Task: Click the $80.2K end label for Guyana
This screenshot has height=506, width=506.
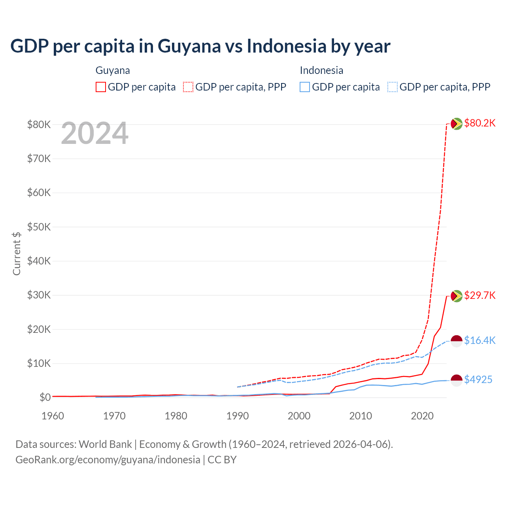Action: pyautogui.click(x=480, y=123)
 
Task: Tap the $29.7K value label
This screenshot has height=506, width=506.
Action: pyautogui.click(x=480, y=296)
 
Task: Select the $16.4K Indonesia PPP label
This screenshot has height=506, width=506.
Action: pyautogui.click(x=480, y=340)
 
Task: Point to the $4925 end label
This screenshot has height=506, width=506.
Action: pyautogui.click(x=478, y=380)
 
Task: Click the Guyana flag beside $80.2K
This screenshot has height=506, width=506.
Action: pyautogui.click(x=457, y=124)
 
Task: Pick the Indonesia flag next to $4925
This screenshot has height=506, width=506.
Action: pyautogui.click(x=457, y=380)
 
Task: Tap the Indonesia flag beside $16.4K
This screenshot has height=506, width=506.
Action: pyautogui.click(x=457, y=341)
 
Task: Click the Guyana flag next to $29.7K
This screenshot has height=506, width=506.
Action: pyautogui.click(x=457, y=296)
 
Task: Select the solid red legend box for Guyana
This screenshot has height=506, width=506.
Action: pyautogui.click(x=101, y=87)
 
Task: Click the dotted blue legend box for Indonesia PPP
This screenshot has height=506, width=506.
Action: pyautogui.click(x=393, y=87)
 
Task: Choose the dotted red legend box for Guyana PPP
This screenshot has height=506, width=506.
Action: pyautogui.click(x=188, y=87)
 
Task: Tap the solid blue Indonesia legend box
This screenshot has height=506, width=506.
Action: pyautogui.click(x=305, y=87)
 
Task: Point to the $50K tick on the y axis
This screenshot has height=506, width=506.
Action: pyautogui.click(x=39, y=227)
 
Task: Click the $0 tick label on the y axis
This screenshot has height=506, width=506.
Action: pyautogui.click(x=45, y=397)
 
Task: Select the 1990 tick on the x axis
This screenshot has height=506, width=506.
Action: pyautogui.click(x=238, y=416)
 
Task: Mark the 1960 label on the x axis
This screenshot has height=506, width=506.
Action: pyautogui.click(x=53, y=416)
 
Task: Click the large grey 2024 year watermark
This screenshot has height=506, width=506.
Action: pyautogui.click(x=94, y=134)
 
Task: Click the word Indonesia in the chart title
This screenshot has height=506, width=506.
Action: pyautogui.click(x=287, y=46)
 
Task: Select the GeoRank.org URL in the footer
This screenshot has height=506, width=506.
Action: pyautogui.click(x=108, y=460)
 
